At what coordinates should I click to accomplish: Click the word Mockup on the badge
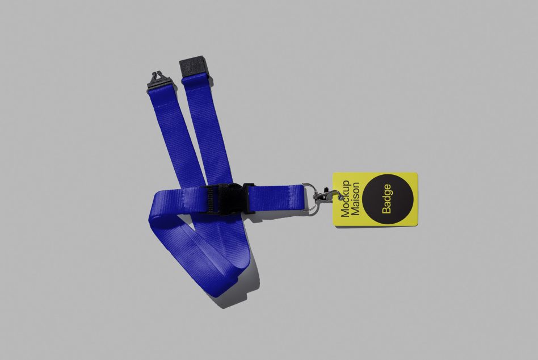(345, 199)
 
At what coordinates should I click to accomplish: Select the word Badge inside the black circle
(386, 199)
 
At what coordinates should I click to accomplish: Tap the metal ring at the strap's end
(309, 198)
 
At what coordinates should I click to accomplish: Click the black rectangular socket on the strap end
(194, 69)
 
